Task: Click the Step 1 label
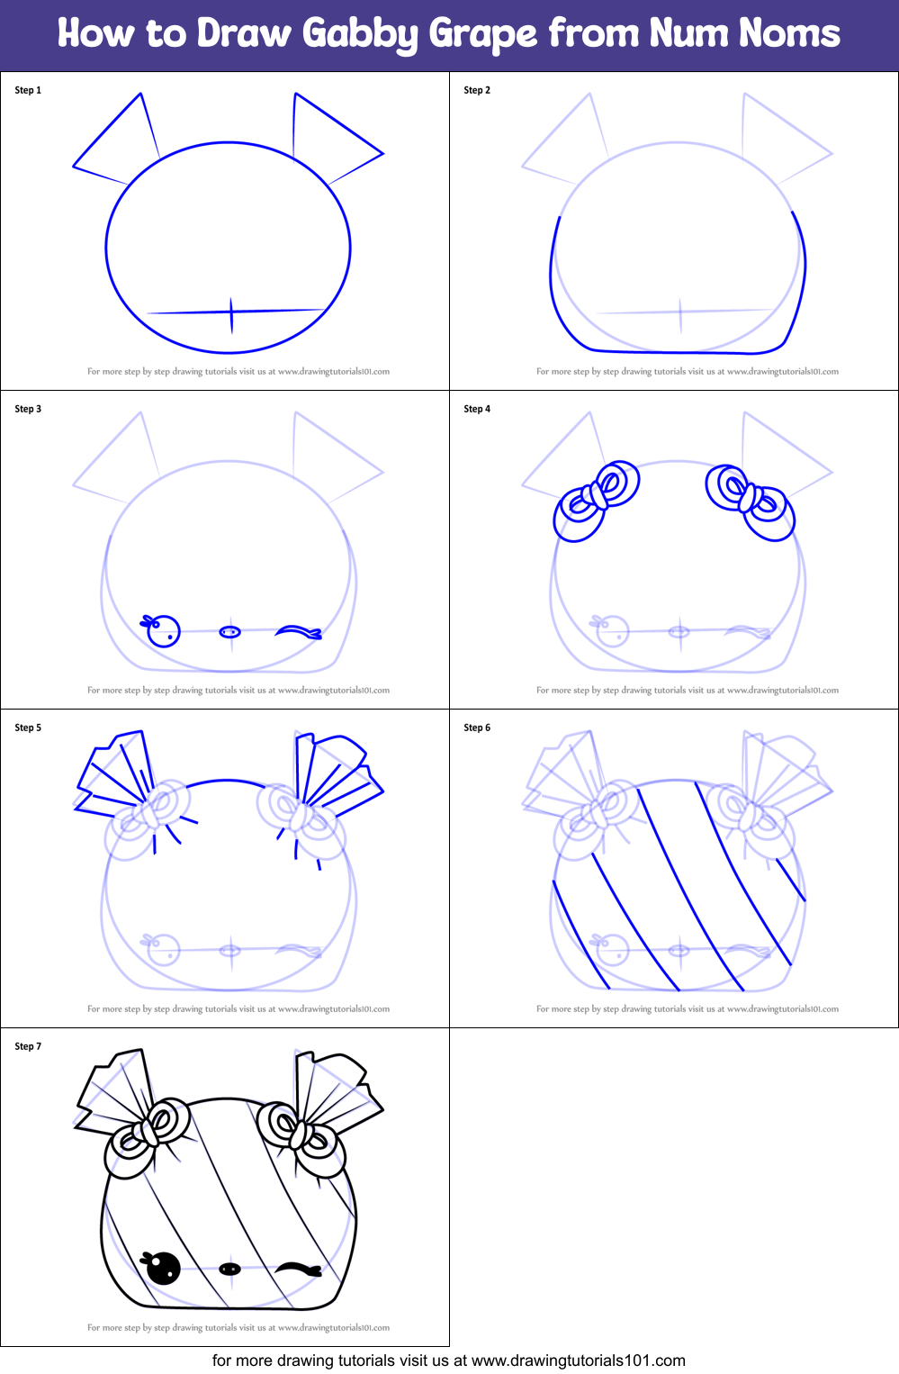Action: pyautogui.click(x=28, y=90)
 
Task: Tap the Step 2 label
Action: pyautogui.click(x=477, y=90)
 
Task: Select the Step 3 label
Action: pyautogui.click(x=28, y=409)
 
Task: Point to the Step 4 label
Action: pyautogui.click(x=477, y=409)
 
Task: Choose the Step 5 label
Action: pyautogui.click(x=28, y=728)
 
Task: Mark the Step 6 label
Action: pyautogui.click(x=477, y=728)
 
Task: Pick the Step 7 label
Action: pyautogui.click(x=28, y=1046)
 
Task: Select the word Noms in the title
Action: pyautogui.click(x=789, y=33)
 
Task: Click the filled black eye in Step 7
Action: pyautogui.click(x=163, y=1268)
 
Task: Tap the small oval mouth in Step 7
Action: pyautogui.click(x=230, y=1269)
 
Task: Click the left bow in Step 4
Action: pyautogui.click(x=598, y=500)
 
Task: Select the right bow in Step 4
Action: pyautogui.click(x=750, y=500)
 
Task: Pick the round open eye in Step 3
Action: pyautogui.click(x=163, y=631)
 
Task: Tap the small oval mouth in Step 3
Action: pyautogui.click(x=230, y=632)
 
